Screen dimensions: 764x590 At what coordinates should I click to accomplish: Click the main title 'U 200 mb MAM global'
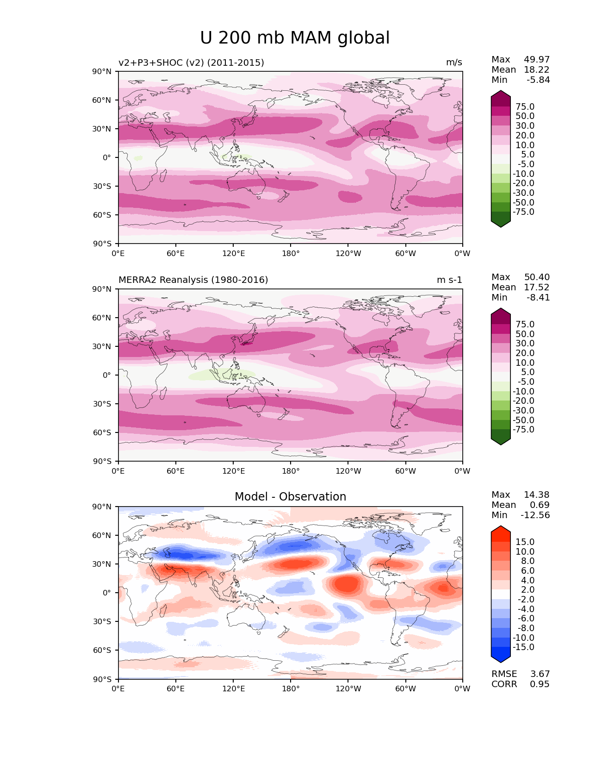point(295,38)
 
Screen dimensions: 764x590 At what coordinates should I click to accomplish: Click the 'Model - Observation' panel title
point(290,497)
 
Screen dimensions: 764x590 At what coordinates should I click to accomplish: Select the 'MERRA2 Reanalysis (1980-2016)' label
point(193,280)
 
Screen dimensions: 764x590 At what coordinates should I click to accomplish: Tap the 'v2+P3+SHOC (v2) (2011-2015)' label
point(191,63)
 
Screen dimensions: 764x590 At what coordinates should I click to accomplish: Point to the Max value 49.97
point(537,60)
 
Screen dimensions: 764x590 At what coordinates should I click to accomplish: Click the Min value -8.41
point(538,298)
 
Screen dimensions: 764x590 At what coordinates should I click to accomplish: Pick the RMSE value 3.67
point(540,674)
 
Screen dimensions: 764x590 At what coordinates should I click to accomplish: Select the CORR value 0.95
point(540,684)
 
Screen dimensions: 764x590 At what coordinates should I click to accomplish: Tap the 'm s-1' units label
point(449,280)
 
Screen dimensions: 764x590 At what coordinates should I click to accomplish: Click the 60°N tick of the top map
point(102,100)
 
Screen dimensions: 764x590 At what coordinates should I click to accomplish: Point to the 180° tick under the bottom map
point(291,689)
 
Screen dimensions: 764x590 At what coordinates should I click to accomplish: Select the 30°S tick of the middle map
point(102,404)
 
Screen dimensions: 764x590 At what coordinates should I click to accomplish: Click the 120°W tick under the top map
point(348,254)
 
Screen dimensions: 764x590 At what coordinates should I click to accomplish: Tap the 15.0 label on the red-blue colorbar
point(525,542)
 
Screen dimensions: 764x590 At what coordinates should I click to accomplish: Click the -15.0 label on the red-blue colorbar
point(523,647)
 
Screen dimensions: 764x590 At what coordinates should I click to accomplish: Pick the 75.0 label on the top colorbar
point(525,107)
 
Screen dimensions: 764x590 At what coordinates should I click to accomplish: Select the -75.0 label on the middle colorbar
point(523,430)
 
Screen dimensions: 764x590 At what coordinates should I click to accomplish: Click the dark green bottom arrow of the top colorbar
point(501,221)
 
